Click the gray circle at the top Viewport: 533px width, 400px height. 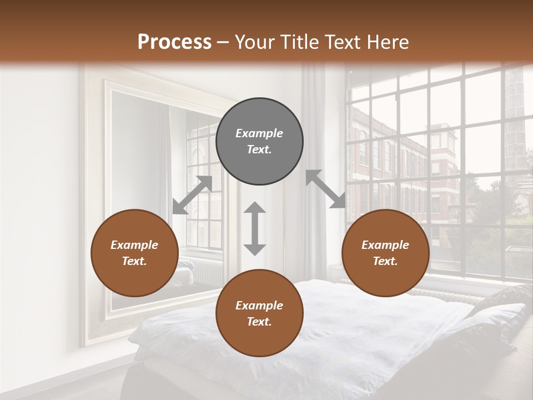tap(259, 142)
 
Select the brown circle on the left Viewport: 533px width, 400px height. tap(134, 253)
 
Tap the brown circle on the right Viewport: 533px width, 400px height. tap(385, 253)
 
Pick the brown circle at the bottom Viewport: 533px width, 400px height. tap(259, 313)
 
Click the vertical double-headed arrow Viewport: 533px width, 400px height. tap(255, 228)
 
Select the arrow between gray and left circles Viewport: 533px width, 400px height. tap(192, 194)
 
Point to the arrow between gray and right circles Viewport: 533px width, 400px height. tap(325, 189)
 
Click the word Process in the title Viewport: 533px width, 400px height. tap(174, 42)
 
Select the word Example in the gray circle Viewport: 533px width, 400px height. tap(259, 133)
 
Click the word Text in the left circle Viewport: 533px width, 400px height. tap(134, 261)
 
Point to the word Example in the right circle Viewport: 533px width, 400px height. tap(385, 244)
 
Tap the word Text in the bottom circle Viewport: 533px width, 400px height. tap(259, 322)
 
